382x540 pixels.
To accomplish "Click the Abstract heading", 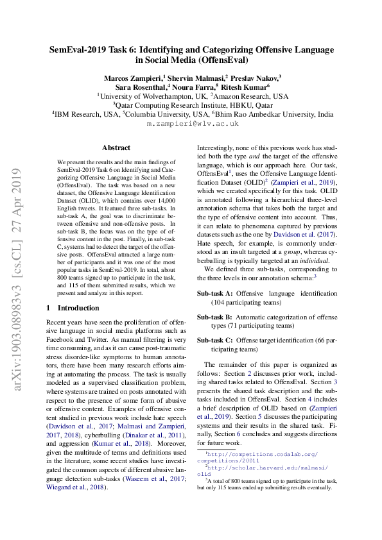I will pyautogui.click(x=116, y=148).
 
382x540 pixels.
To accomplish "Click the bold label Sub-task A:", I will pyautogui.click(x=215, y=293).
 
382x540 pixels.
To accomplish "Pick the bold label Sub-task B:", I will pyautogui.click(x=215, y=317).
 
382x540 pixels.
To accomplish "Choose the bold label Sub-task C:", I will pyautogui.click(x=215, y=340).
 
